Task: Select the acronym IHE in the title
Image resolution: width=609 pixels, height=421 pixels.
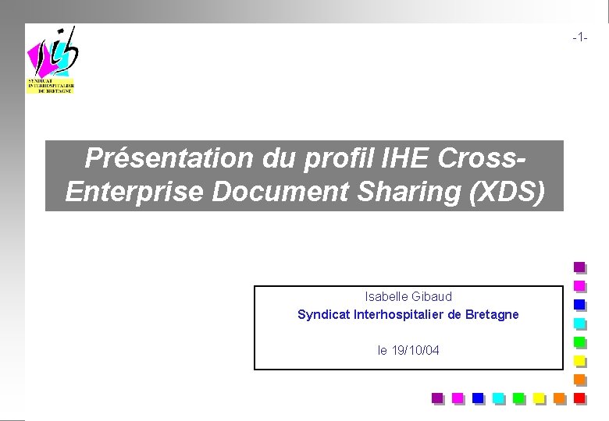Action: click(x=407, y=158)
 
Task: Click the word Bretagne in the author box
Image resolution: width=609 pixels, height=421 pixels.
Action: click(x=492, y=315)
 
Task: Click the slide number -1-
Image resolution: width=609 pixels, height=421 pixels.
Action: click(x=579, y=37)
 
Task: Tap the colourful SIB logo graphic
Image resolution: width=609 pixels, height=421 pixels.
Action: click(x=52, y=58)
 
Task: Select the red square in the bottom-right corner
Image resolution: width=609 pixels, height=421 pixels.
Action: click(x=579, y=398)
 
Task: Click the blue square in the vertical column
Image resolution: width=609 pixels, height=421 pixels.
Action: click(x=579, y=304)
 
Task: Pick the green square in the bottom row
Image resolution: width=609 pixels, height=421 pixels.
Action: click(x=518, y=398)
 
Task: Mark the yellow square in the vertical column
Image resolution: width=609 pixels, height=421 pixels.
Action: click(x=579, y=360)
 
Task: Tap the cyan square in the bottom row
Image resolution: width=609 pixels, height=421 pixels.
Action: click(x=498, y=398)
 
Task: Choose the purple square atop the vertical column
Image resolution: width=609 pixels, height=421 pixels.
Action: click(x=579, y=267)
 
